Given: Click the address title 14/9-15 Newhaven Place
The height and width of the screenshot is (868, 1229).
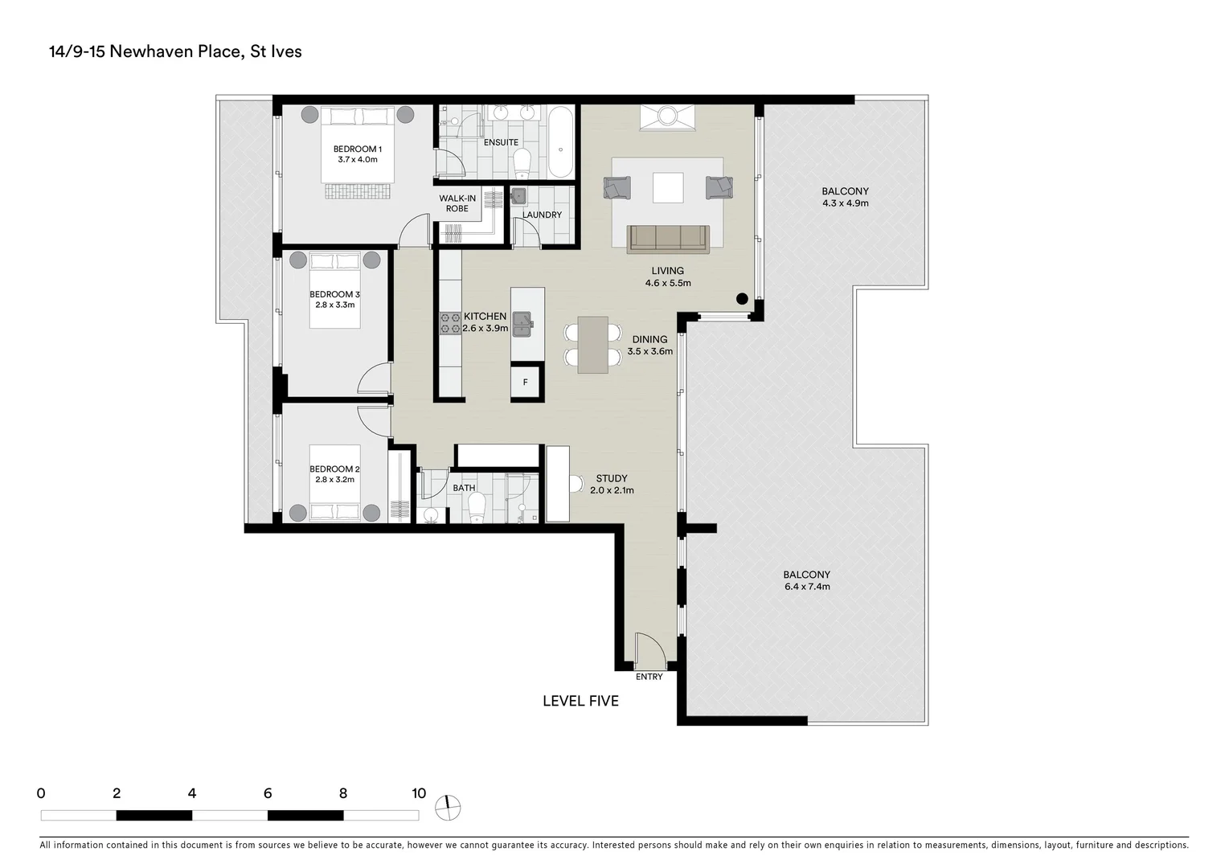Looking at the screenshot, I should [x=175, y=51].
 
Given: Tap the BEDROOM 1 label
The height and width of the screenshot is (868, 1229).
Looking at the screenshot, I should [x=357, y=149].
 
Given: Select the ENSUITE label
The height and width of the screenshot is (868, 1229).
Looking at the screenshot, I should [x=501, y=142].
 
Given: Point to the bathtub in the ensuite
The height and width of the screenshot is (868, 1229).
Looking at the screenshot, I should [x=560, y=142].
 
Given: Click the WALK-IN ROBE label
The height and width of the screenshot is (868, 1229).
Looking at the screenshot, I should [x=457, y=203].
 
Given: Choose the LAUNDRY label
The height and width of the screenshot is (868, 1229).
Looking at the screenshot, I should [x=542, y=215].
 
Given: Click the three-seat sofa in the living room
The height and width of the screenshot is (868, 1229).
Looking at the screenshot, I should [x=668, y=238].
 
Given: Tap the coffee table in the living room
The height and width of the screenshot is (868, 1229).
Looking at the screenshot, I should [x=668, y=188].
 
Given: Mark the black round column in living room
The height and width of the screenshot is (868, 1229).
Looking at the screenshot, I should [x=742, y=298].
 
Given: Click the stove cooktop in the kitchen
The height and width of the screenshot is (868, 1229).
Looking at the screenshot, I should [x=449, y=322].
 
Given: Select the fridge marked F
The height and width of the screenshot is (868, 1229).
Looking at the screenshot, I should [x=526, y=383].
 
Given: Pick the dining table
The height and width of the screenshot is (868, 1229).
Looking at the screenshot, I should [x=593, y=344].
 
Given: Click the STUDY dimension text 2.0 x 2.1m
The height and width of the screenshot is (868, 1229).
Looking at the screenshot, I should [x=612, y=490].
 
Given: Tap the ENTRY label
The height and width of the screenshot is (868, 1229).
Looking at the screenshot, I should [x=649, y=677].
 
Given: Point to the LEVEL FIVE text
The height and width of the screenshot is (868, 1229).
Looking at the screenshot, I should [x=580, y=701].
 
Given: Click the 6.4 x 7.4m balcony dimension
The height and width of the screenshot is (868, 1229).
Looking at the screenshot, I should [x=807, y=587].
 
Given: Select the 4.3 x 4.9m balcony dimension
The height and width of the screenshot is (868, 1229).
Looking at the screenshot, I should [x=845, y=203].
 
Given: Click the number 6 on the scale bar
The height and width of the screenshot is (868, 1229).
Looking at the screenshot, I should [x=268, y=793].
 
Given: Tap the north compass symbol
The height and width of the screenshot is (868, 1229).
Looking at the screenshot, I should [x=449, y=807].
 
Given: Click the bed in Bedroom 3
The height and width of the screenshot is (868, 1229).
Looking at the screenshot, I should [x=335, y=289].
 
